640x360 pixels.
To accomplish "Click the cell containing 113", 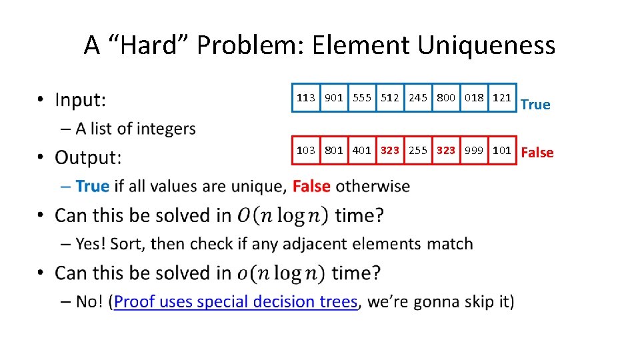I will coord(306,98).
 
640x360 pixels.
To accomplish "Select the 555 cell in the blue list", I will coord(362,98).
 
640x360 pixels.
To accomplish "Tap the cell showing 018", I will coord(474,98).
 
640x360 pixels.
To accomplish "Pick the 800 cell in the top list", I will coord(446,98).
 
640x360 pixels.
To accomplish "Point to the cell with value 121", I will coord(501,98).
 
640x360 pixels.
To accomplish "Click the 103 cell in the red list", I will coord(306,150).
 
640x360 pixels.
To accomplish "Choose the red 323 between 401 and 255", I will coord(390,150).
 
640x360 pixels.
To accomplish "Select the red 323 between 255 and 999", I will coord(446,150).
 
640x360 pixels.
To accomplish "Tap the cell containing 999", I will coord(474,150).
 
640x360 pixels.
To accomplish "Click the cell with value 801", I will coord(334,150).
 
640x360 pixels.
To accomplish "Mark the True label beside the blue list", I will coord(535,105).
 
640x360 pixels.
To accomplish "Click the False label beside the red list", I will coord(537,153).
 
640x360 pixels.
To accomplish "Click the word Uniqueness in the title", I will coord(486,45).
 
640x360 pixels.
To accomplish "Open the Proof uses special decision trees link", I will coord(236,302).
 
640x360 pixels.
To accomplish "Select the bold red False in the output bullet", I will coord(311,186).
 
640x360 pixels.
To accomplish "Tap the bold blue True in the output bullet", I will coord(92,186).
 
